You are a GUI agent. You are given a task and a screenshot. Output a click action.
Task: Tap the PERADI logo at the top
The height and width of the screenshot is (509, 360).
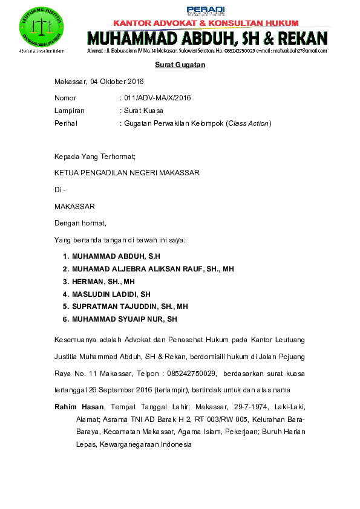point(197,10)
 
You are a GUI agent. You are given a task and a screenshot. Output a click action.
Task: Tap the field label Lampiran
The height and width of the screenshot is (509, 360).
point(70,111)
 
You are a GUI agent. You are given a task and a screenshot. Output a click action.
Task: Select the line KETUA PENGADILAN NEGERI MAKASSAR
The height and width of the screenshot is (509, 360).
point(127,172)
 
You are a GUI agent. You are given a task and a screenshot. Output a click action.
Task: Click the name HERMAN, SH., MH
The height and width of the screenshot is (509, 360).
point(103,282)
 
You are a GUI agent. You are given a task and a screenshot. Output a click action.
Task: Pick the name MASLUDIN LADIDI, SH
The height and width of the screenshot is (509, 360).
point(111,294)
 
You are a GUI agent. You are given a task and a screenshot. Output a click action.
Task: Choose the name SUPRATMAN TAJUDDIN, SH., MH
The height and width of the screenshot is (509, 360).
point(130,306)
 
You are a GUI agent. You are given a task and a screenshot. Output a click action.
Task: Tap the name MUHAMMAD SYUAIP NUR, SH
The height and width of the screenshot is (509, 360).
point(124,319)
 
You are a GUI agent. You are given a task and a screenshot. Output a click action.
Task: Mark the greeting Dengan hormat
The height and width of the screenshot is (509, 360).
point(80,223)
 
